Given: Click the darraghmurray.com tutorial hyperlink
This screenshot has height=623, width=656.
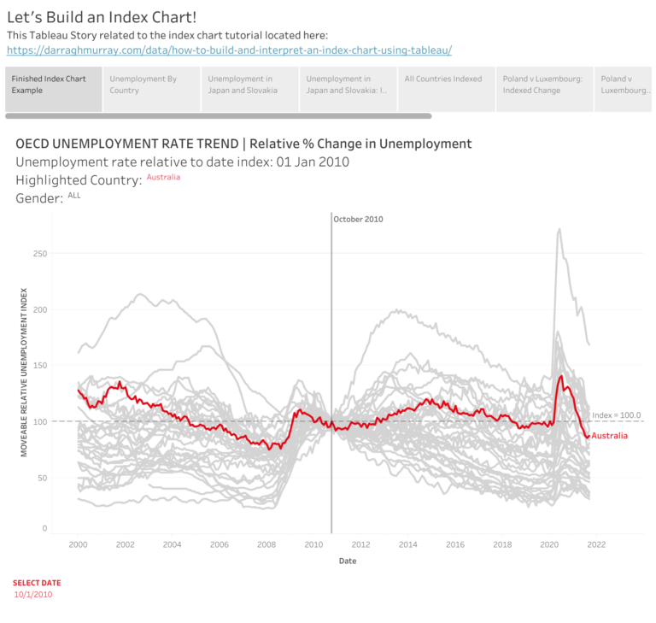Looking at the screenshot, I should pos(229,50).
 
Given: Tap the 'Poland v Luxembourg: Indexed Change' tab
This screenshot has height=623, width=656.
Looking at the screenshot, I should pos(543,84).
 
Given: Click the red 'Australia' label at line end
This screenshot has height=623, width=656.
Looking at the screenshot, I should pos(609,436).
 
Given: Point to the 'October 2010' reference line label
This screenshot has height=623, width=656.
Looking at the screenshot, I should pos(358,220).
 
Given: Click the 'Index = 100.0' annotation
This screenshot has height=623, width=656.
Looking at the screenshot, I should pos(616,414).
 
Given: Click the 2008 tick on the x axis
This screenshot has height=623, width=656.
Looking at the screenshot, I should pos(266,544).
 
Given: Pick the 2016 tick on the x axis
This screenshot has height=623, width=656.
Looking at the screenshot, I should pos(455,544).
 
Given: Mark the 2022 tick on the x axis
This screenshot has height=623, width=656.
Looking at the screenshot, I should pos(596,544).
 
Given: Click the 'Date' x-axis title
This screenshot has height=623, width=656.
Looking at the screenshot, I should pos(348,561).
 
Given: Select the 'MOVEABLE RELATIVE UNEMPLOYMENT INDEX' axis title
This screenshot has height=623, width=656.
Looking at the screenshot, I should pos(25,372).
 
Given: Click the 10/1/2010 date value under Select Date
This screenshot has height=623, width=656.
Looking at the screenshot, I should pos(33,595).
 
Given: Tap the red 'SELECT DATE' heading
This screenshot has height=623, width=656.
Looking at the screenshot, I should pos(37,582).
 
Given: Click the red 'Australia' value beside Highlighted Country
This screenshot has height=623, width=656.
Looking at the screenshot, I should pos(163,177).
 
